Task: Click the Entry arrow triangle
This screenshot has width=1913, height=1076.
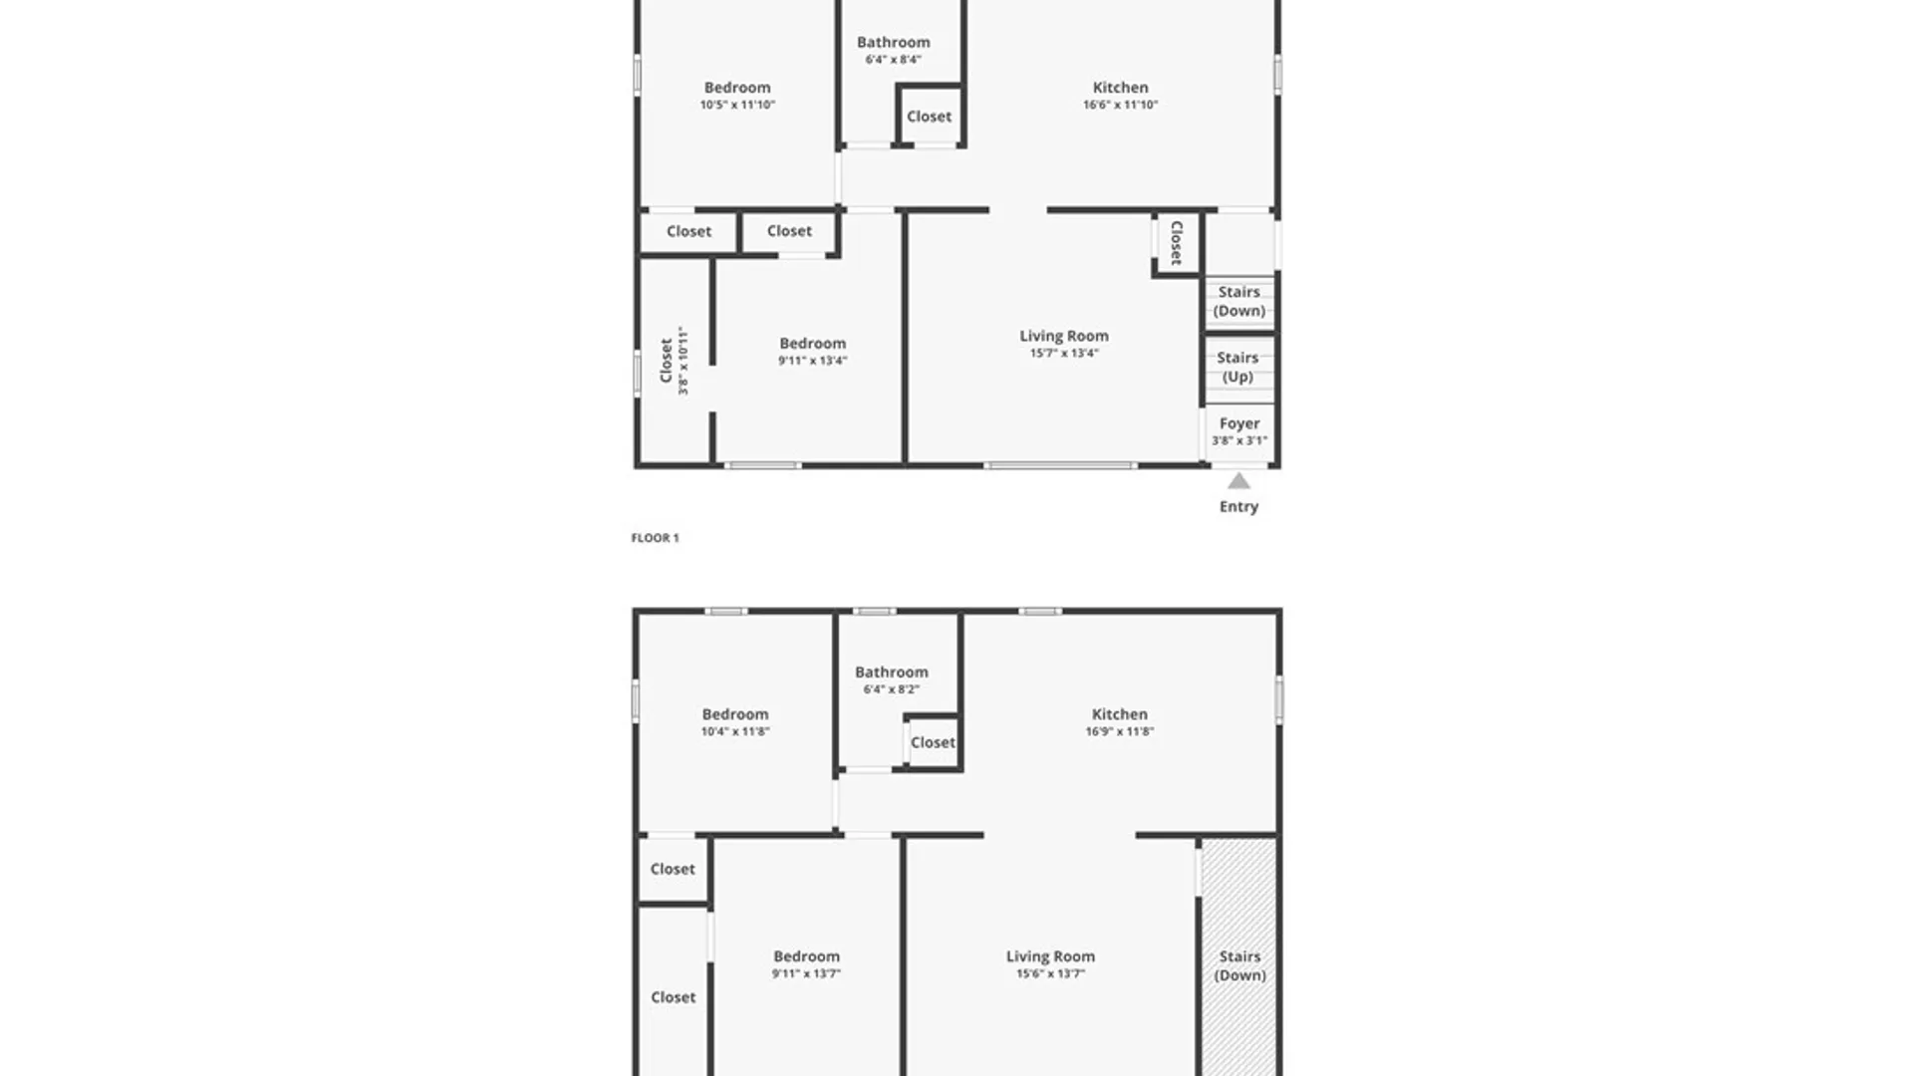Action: tap(1238, 482)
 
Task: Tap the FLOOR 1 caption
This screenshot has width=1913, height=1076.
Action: tap(655, 538)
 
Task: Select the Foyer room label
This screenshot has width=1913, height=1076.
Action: tap(1239, 423)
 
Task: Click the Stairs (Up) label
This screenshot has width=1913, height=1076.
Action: tap(1237, 367)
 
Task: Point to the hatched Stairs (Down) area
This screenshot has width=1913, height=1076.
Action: tap(1238, 956)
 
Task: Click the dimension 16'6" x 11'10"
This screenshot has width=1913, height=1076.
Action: tap(1120, 105)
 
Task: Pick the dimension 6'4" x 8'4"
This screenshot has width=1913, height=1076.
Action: tap(893, 60)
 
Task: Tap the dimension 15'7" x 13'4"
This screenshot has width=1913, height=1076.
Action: tap(1064, 353)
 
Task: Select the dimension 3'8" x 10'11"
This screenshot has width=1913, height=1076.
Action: tap(683, 361)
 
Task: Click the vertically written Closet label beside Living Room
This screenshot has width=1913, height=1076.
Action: tap(1177, 243)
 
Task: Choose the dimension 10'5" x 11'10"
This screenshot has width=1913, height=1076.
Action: tap(737, 105)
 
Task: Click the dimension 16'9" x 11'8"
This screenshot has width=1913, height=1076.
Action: tap(1120, 731)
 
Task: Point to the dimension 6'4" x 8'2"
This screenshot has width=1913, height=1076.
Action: tap(892, 689)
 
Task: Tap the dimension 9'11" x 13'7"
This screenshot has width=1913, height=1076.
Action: tap(806, 973)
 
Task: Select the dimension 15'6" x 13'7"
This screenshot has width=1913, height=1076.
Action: tap(1050, 973)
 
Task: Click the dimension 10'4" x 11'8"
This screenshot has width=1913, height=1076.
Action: tap(735, 731)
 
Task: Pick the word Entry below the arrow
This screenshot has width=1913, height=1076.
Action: tap(1238, 507)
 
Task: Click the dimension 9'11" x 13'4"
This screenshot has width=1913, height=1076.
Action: tap(813, 361)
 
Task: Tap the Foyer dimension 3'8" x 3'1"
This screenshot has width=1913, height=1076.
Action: tap(1239, 440)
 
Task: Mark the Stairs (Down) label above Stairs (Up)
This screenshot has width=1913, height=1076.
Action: tap(1239, 301)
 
